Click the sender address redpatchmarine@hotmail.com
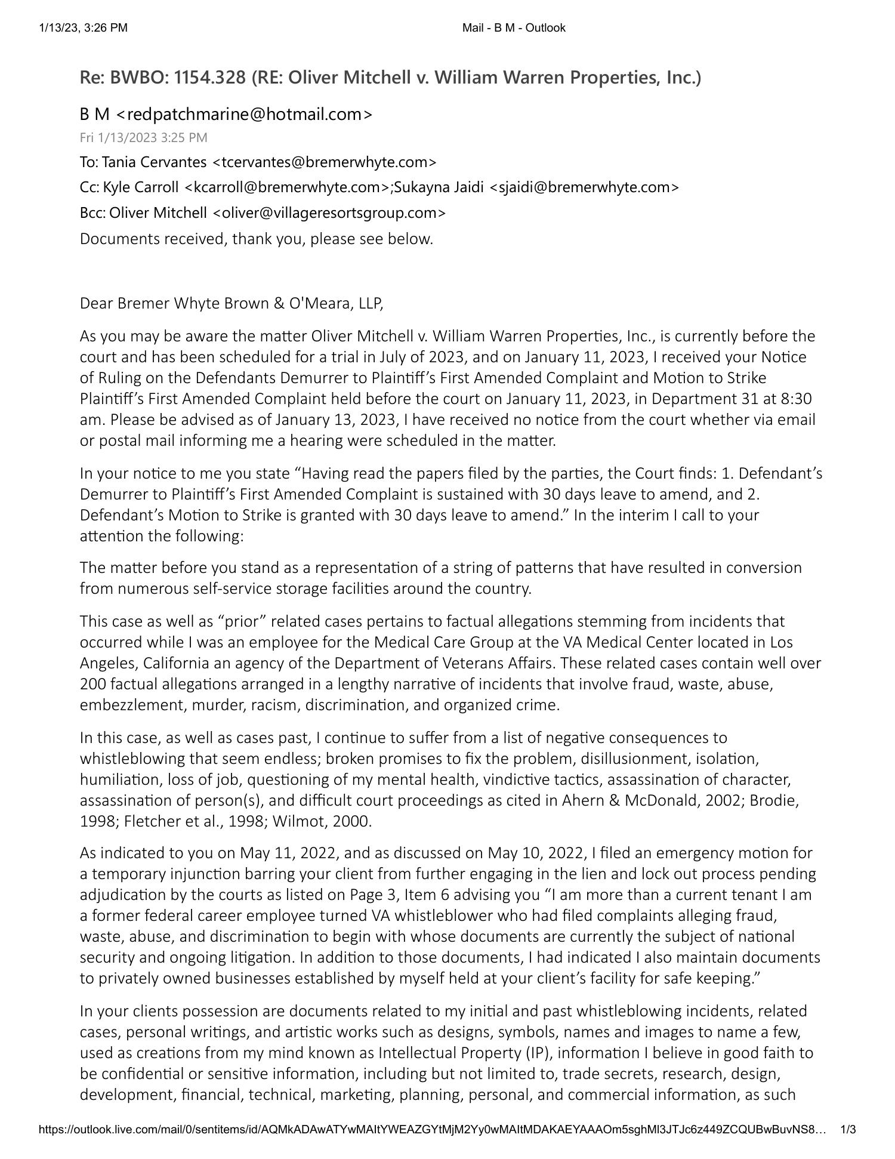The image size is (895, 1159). pyautogui.click(x=249, y=114)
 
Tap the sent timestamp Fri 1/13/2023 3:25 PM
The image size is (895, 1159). pyautogui.click(x=144, y=138)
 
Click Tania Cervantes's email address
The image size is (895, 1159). pyautogui.click(x=325, y=162)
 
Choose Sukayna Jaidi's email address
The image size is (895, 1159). pyautogui.click(x=584, y=187)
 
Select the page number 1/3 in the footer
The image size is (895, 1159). pyautogui.click(x=848, y=1129)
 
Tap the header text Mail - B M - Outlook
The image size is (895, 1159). pyautogui.click(x=513, y=27)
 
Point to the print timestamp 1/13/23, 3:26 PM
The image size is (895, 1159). pyautogui.click(x=83, y=27)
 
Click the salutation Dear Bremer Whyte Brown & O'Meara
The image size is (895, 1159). pyautogui.click(x=231, y=304)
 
